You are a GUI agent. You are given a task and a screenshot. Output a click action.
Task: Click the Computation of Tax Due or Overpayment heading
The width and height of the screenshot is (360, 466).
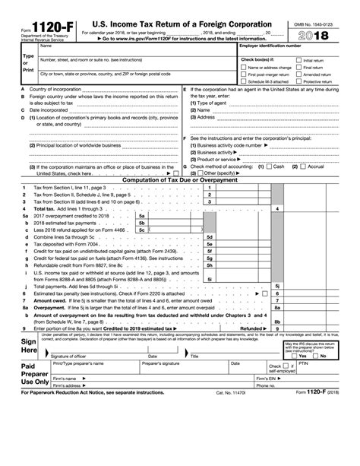(x=180, y=179)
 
